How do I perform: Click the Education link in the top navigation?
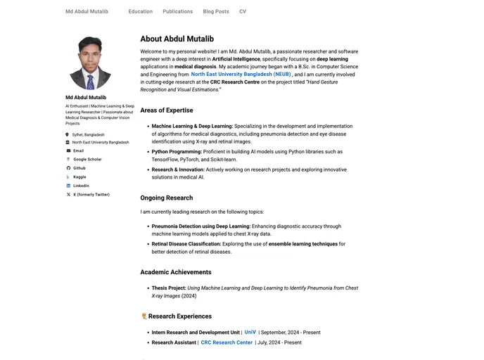(x=140, y=11)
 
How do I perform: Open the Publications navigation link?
(x=177, y=11)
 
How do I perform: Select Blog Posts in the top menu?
(x=216, y=11)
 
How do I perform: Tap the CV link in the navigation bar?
(x=243, y=11)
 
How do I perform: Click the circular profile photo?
(x=90, y=63)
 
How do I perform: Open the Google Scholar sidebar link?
(x=87, y=160)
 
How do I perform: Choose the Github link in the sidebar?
(x=79, y=168)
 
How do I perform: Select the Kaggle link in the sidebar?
(x=79, y=177)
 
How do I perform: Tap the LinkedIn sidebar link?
(x=81, y=186)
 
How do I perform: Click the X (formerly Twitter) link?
(x=91, y=195)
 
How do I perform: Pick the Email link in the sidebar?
(x=78, y=150)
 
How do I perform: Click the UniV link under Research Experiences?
(x=250, y=332)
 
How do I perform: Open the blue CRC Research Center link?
(x=227, y=342)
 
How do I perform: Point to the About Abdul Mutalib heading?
(x=177, y=39)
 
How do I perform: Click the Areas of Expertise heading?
(x=166, y=110)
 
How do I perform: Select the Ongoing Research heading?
(x=166, y=198)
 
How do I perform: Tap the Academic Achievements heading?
(x=175, y=272)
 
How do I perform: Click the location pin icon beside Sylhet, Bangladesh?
(x=68, y=134)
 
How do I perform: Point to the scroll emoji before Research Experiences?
(x=144, y=316)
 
